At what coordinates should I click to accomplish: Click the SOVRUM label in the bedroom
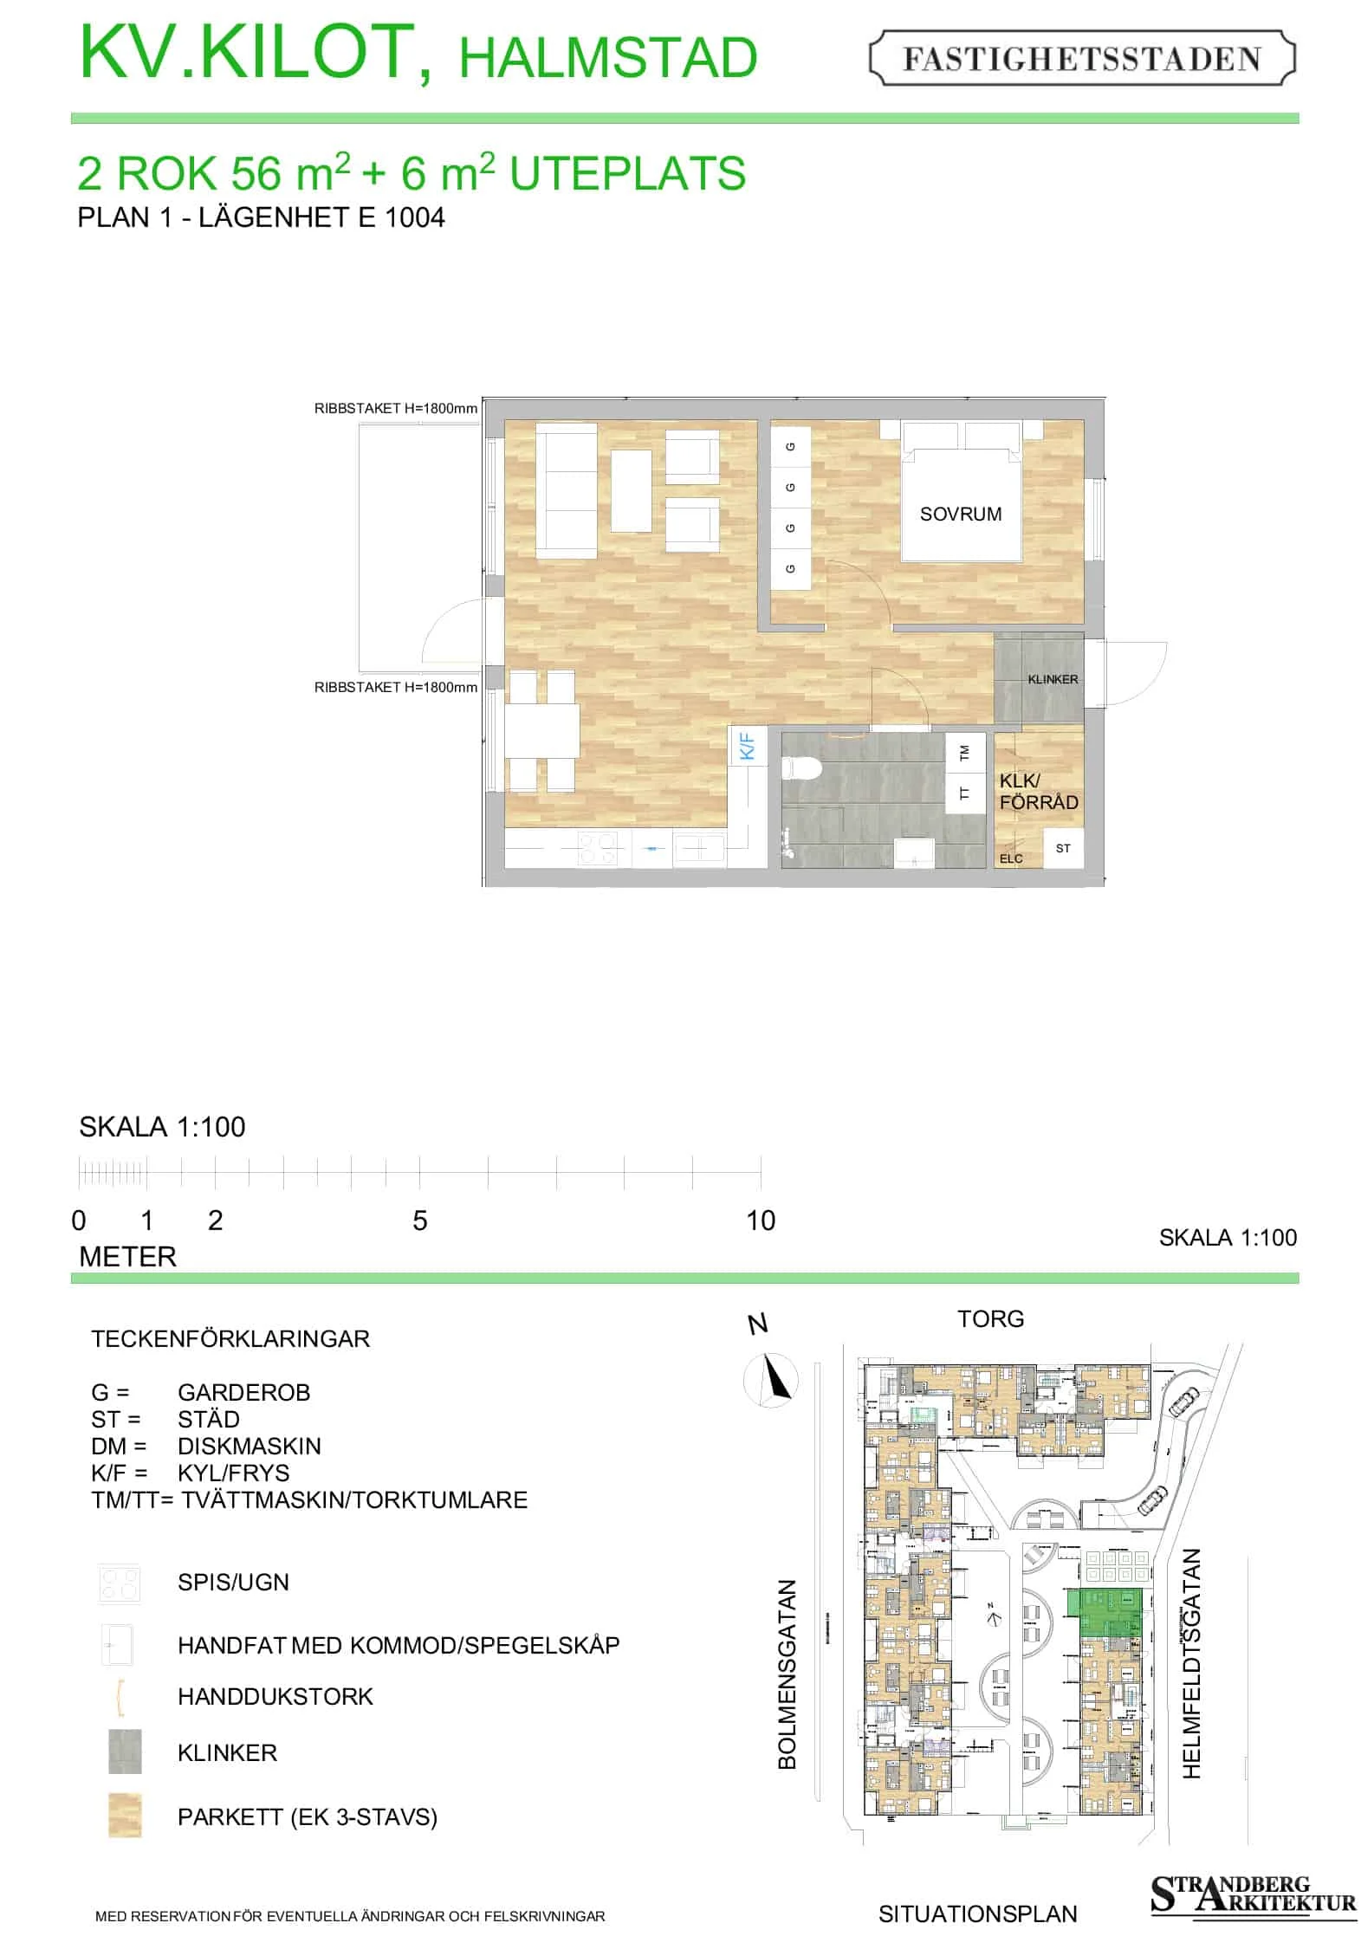[960, 514]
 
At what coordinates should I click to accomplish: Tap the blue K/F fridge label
[748, 746]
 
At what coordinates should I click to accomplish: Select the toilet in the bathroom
[801, 768]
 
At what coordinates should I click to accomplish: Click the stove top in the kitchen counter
[598, 848]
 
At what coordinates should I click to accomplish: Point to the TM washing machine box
[965, 754]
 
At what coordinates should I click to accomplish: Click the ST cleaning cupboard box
[1063, 848]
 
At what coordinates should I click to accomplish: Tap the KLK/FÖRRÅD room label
[1039, 792]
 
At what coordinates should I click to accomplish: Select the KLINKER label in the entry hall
[1053, 679]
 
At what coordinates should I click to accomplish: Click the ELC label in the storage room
[1011, 858]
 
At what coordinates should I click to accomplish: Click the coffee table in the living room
[632, 491]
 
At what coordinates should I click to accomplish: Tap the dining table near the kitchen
[542, 731]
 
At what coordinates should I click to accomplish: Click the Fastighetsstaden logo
[1082, 58]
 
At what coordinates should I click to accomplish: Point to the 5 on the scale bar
[420, 1221]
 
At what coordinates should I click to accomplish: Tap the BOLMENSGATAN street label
[786, 1674]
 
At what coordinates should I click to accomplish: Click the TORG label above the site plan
[990, 1318]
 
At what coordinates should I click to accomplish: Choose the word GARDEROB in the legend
[243, 1392]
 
